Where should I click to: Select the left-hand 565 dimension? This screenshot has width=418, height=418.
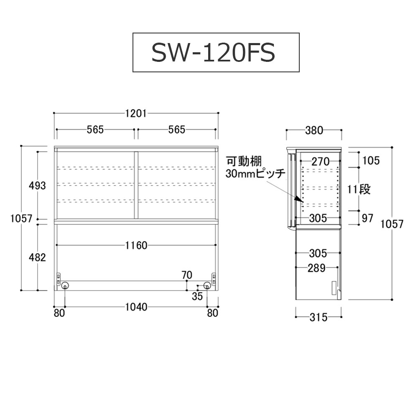[x=95, y=130]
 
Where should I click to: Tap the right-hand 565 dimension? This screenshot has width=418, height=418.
[x=176, y=130]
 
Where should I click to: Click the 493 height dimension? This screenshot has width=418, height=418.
[x=38, y=186]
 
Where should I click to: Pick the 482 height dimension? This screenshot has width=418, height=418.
[x=38, y=257]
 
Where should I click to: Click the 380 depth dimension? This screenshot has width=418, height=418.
[x=314, y=130]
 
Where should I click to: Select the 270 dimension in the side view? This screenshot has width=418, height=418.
[x=319, y=161]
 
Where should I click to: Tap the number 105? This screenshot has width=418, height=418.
[x=371, y=160]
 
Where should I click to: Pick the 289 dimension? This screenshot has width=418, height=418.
[x=316, y=268]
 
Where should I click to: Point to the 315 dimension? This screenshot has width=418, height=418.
[x=319, y=318]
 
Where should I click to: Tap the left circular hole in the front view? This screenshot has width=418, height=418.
[x=66, y=285]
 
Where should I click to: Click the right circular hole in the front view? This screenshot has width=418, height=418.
[x=207, y=285]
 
